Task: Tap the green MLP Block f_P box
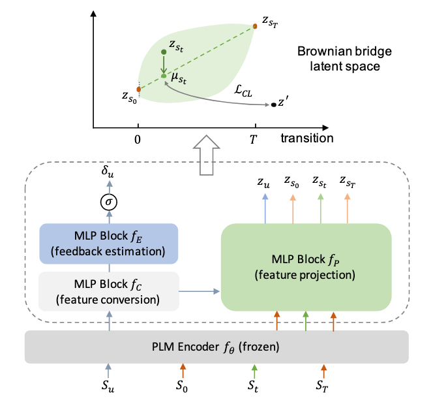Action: (x=305, y=266)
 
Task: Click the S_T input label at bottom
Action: (x=324, y=386)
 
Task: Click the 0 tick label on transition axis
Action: (x=138, y=138)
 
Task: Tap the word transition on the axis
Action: (x=306, y=138)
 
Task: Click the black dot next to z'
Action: (x=273, y=104)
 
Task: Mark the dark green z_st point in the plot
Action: (x=164, y=52)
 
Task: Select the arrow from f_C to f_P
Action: (x=199, y=290)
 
